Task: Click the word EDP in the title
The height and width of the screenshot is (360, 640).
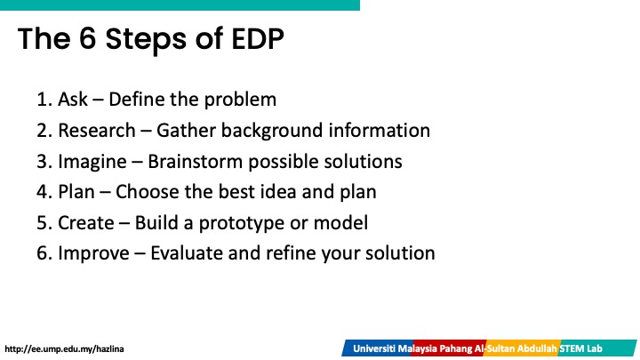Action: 258,39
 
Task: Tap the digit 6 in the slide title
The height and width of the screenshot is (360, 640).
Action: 87,39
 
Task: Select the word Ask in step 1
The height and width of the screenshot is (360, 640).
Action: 73,100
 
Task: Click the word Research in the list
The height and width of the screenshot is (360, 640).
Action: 97,130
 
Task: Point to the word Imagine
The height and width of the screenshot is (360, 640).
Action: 92,162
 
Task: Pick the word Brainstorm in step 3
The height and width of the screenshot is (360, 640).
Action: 195,161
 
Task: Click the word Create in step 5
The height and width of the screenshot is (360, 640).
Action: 86,223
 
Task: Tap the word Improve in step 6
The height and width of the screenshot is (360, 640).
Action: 93,254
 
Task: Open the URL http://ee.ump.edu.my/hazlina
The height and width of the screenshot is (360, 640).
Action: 64,349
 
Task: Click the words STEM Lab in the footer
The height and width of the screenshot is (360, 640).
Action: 580,348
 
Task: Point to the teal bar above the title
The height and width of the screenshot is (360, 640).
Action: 180,5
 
